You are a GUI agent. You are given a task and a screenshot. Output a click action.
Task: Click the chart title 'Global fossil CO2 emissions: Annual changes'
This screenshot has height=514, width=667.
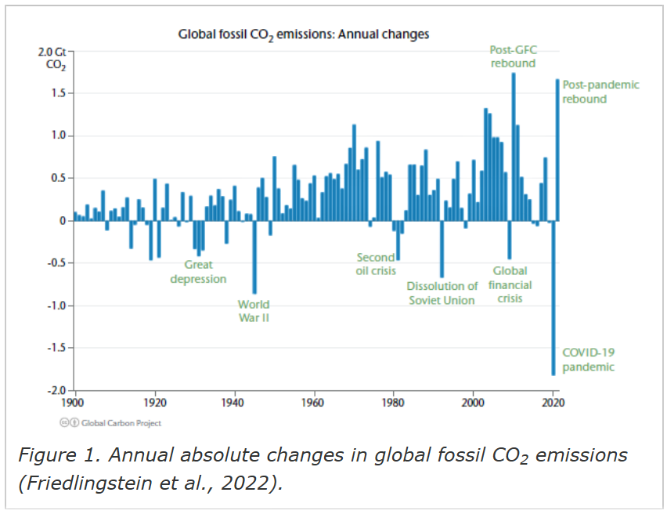pos(303,34)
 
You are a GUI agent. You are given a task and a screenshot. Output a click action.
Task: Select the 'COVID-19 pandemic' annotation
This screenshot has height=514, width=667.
pos(588,360)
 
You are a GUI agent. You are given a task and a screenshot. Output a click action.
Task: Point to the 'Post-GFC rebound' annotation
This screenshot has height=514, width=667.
pos(514,56)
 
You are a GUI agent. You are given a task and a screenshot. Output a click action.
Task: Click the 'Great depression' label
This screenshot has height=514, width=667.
pos(198,272)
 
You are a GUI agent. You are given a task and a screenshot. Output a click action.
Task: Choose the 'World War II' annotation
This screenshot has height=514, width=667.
pos(254,311)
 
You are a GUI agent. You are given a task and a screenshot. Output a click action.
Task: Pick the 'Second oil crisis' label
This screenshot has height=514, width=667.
pos(376,264)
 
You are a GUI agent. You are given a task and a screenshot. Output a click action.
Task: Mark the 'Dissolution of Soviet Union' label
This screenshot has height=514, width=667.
pos(442,293)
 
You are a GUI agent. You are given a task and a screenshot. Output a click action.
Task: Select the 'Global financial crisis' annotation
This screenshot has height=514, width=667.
pos(509,284)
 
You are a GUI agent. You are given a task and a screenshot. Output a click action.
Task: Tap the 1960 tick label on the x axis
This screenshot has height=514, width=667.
pos(315,403)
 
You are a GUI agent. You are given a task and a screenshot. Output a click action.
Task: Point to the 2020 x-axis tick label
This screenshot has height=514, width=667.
pos(553,403)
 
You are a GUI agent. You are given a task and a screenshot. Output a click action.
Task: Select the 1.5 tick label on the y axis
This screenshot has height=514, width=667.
pos(63,93)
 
